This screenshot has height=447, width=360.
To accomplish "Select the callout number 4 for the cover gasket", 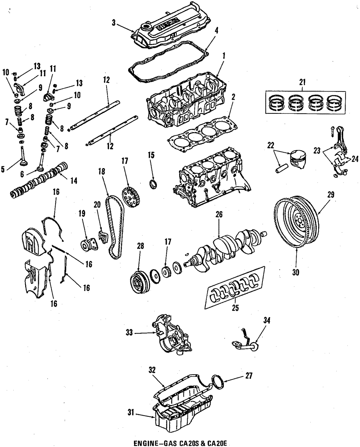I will [x=216, y=31].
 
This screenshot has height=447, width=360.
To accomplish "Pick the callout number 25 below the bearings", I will [x=235, y=308].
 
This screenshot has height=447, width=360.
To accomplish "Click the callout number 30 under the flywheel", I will [x=295, y=272].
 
